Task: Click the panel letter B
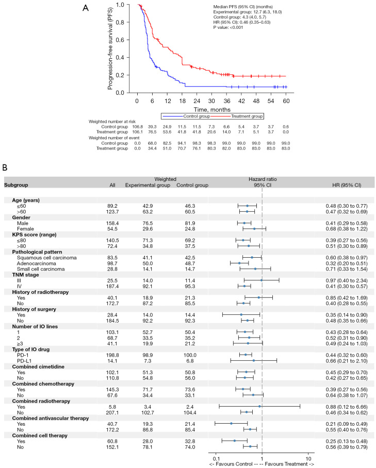pos(6,168)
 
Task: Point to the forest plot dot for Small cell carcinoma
pos(255,269)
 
